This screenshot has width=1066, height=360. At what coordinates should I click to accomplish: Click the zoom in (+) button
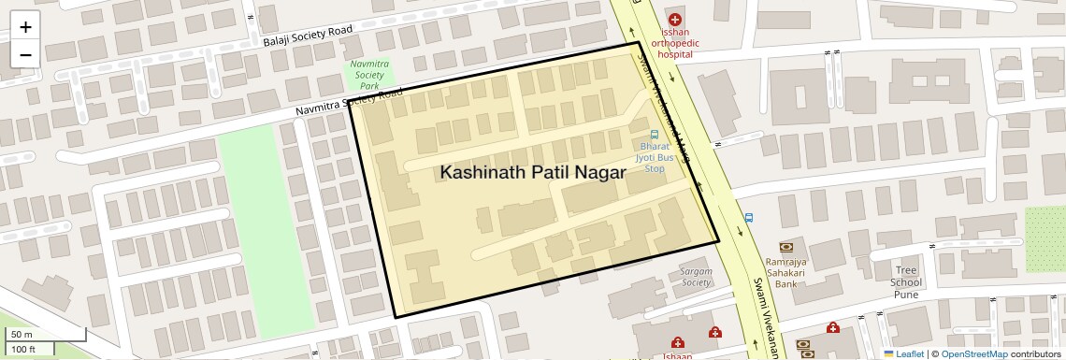(x=25, y=27)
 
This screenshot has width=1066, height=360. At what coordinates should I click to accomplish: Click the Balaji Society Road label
(x=308, y=36)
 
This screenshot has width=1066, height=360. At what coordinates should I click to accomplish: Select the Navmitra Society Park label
(x=368, y=75)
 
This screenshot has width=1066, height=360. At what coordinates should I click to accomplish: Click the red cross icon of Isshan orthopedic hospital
(x=675, y=19)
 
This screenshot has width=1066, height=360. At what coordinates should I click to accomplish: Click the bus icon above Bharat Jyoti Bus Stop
(x=655, y=134)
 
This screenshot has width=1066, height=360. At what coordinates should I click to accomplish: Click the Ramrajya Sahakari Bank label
(x=785, y=272)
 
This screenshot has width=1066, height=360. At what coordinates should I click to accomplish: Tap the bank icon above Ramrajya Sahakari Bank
(x=785, y=247)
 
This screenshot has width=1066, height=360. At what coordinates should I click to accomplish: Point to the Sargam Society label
(x=697, y=276)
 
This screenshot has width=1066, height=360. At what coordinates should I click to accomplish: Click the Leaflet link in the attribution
(x=903, y=353)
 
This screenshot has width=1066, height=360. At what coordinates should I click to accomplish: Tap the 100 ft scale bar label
(x=24, y=349)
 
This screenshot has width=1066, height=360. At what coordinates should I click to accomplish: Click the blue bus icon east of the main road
(x=747, y=218)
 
